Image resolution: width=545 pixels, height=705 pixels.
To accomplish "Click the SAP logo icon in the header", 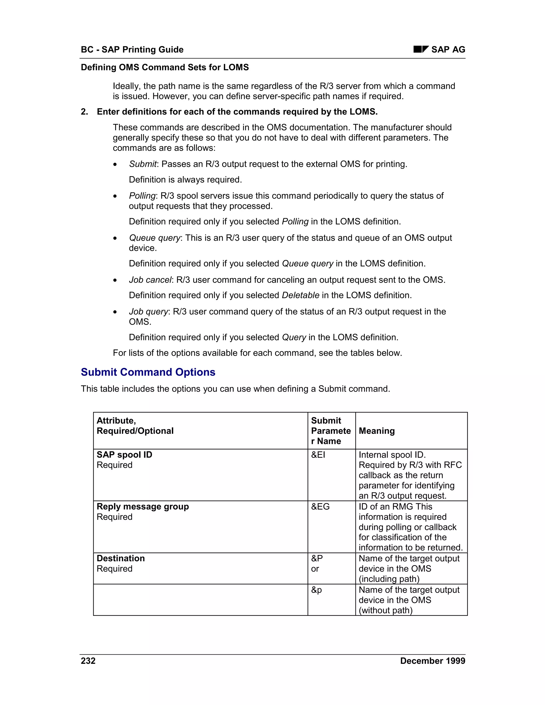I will click(421, 49).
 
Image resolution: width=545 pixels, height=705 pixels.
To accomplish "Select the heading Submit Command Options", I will click(148, 372).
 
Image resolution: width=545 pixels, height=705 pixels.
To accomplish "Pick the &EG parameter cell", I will click(320, 507).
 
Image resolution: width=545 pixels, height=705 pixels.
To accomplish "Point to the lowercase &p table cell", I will click(316, 590).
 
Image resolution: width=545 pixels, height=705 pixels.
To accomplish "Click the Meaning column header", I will click(377, 431).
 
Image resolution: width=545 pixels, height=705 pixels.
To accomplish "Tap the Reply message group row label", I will click(143, 507).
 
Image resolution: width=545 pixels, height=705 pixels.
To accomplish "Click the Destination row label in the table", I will click(121, 558).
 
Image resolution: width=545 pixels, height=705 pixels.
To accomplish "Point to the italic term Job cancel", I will click(150, 280).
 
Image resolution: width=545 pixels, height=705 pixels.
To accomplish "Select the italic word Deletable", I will click(300, 295).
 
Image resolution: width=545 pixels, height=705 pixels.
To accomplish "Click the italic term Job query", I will click(148, 312).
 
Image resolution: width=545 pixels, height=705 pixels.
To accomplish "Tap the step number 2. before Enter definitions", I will click(84, 112).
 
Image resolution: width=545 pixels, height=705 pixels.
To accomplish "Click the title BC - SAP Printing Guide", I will click(132, 49).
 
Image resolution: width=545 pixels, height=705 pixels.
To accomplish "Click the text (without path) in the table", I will click(386, 610).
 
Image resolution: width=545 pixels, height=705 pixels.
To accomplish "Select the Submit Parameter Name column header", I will click(331, 431).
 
